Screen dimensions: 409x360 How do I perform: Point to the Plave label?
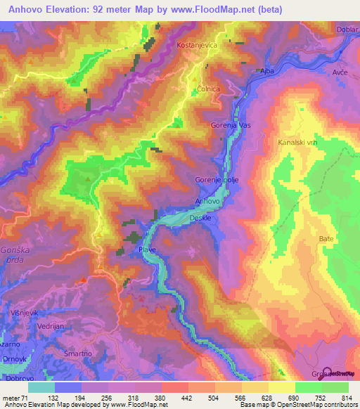147,249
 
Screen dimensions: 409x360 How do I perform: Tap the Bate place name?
326,239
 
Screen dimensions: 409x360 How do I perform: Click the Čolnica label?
208,89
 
